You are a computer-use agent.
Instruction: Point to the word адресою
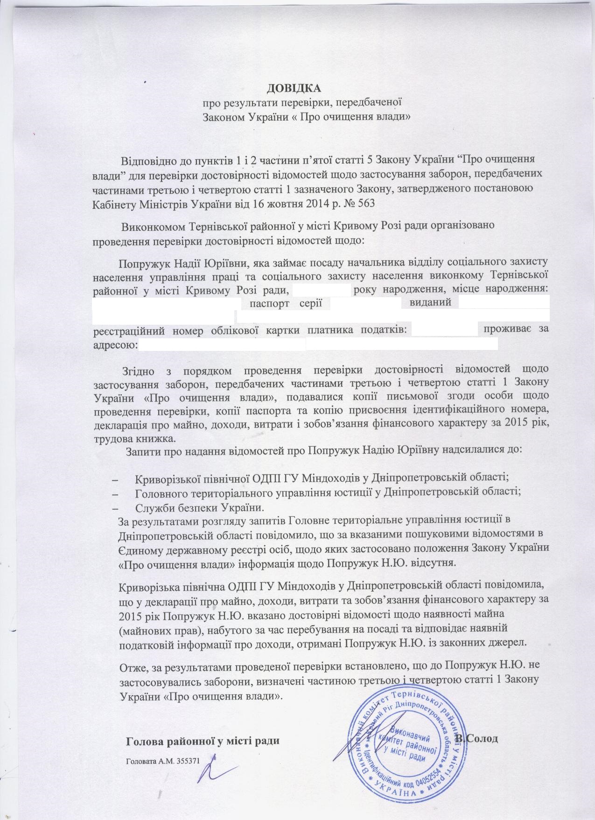(115, 345)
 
